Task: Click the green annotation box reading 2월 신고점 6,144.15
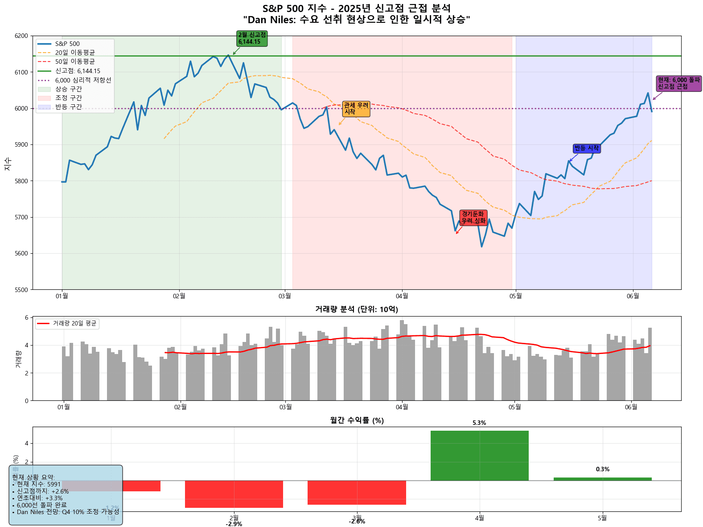[252, 38]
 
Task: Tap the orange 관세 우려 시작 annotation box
[356, 109]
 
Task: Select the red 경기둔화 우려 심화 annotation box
[473, 218]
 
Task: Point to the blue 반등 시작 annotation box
[586, 148]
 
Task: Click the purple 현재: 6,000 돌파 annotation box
[679, 83]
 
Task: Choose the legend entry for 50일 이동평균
[75, 62]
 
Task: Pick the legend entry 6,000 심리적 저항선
[83, 80]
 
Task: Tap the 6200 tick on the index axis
[21, 36]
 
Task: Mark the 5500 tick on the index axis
[21, 290]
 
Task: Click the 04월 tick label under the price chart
[402, 296]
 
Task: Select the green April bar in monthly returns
[479, 456]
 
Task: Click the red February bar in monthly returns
[234, 494]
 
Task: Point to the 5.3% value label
[479, 423]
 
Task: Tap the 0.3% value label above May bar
[602, 469]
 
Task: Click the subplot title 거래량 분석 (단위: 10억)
[356, 309]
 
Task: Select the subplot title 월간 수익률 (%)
[356, 420]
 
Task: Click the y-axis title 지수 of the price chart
[8, 163]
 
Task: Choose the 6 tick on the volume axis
[27, 317]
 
